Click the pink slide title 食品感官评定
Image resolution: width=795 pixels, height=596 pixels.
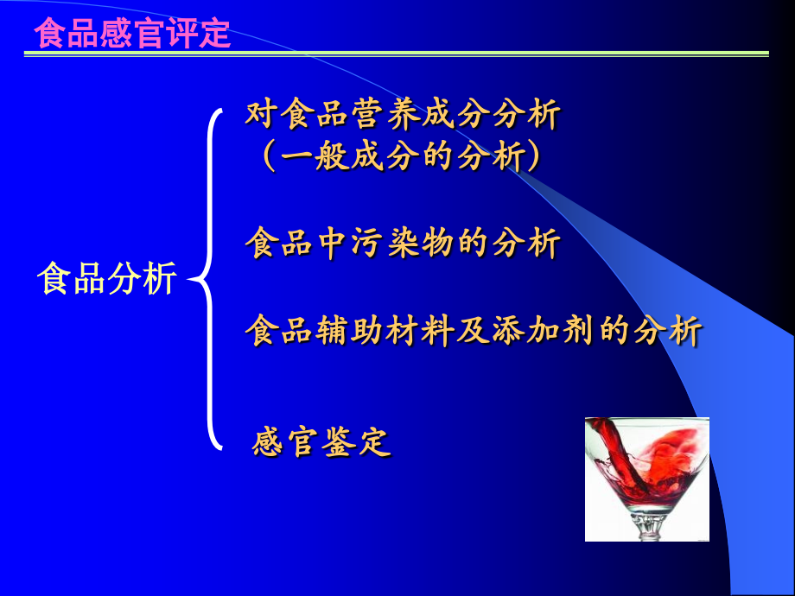click(132, 34)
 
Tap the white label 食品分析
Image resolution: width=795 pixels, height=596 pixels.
click(107, 278)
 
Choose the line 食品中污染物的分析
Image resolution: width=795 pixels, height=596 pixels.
click(403, 243)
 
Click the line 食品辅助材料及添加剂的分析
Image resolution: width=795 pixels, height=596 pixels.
click(474, 331)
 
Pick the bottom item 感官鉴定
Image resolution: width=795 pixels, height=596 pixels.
click(321, 442)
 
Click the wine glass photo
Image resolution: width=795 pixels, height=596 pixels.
click(647, 479)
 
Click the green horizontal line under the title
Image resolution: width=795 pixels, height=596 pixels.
click(397, 54)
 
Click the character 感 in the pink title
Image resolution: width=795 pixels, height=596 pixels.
click(116, 34)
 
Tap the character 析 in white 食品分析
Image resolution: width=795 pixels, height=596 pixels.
click(160, 278)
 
